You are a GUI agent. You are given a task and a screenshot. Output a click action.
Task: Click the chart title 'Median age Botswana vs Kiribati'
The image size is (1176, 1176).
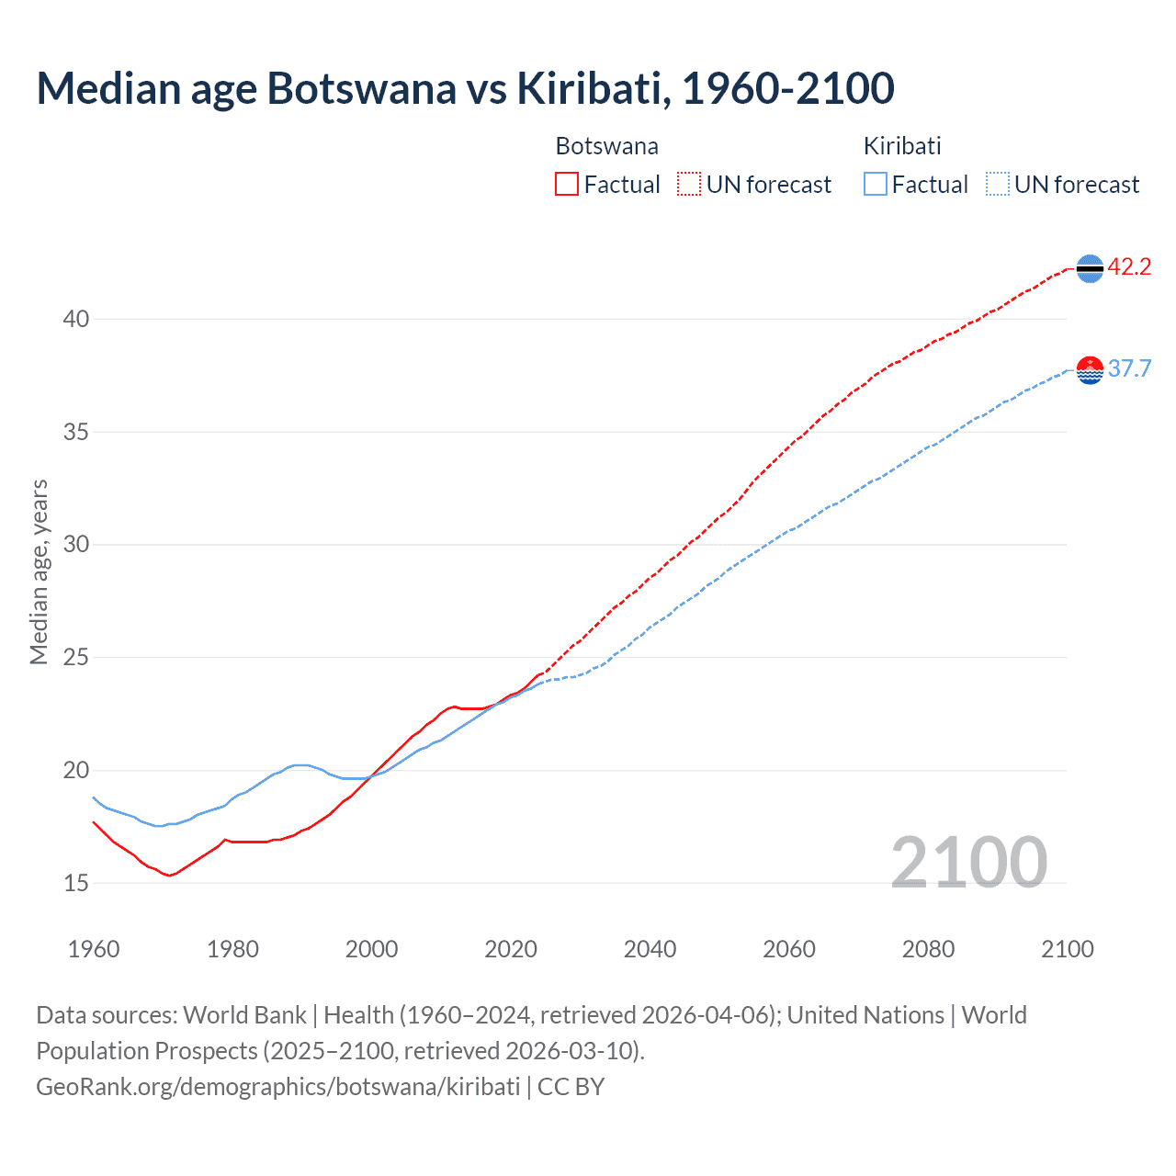(x=465, y=88)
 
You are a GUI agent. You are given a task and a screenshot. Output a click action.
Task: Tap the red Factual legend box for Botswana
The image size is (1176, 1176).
(x=567, y=185)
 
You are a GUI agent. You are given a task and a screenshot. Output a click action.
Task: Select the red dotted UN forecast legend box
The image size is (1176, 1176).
(x=689, y=185)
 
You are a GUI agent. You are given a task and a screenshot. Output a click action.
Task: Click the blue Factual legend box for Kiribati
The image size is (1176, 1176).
(x=876, y=185)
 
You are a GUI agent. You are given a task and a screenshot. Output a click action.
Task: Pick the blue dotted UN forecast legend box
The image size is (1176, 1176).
(x=997, y=185)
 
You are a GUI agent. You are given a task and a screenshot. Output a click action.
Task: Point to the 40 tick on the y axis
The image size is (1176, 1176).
(x=76, y=319)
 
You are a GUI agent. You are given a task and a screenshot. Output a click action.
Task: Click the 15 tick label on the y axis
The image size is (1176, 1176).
(x=76, y=883)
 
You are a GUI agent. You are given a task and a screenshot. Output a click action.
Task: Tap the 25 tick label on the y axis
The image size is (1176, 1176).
(x=76, y=658)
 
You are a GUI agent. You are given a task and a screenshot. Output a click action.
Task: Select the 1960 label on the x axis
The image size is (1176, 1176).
(x=94, y=949)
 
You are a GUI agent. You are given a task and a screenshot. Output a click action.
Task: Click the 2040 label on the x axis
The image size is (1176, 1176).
(x=650, y=949)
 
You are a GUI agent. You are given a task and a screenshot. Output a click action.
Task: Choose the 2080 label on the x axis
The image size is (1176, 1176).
(x=928, y=949)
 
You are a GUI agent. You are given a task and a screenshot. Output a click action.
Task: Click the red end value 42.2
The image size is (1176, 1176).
(x=1129, y=267)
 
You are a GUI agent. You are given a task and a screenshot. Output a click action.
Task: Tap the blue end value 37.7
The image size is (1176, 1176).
(x=1129, y=369)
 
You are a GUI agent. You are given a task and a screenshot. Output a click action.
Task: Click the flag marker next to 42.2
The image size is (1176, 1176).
(x=1090, y=268)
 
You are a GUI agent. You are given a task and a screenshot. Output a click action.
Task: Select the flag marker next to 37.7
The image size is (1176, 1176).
(x=1090, y=369)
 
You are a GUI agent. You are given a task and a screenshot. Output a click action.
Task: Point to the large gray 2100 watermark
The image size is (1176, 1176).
(x=968, y=863)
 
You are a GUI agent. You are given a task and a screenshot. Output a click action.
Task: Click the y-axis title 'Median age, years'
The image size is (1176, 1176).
(x=39, y=571)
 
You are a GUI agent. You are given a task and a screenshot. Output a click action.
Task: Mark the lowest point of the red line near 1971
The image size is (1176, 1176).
(x=169, y=876)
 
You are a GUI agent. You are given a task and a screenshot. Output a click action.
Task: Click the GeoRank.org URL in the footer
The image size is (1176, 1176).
(x=278, y=1087)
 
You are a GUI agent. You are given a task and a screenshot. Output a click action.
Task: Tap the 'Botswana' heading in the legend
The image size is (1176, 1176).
(x=606, y=146)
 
